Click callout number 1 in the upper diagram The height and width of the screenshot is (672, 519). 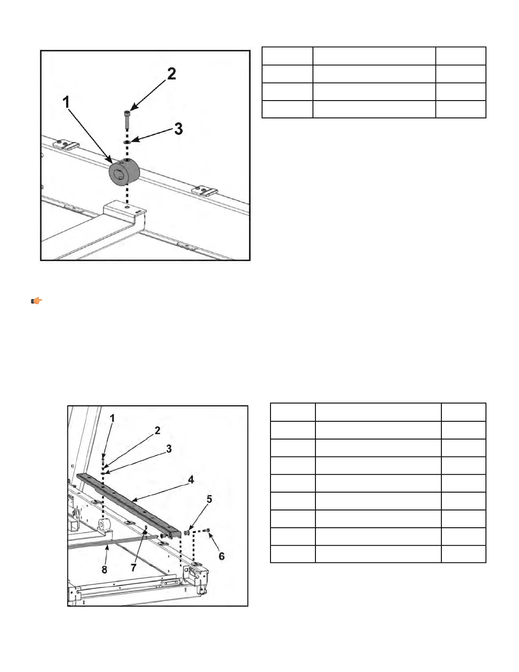coord(66,102)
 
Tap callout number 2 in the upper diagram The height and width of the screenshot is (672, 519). coord(172,73)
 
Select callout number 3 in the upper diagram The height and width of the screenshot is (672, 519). coord(179,129)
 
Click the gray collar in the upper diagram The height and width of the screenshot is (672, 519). coord(124,172)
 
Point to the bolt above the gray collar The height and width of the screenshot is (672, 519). coord(127,120)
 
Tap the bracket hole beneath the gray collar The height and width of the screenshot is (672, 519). coord(127,207)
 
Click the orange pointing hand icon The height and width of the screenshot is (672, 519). coord(36,301)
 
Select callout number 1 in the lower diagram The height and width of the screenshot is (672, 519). coord(112,418)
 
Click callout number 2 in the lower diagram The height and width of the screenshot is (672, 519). coord(157,430)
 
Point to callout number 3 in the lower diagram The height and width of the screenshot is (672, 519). coord(169,448)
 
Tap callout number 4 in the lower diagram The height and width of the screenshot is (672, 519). coord(191,479)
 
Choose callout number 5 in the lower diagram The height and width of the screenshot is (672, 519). coord(209,499)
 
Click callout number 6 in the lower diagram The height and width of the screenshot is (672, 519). coord(222,556)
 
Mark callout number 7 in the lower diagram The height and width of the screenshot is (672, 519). coord(134,568)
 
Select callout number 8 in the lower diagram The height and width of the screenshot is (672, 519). coord(104,569)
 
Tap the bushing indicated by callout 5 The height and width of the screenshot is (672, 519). coord(187,532)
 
